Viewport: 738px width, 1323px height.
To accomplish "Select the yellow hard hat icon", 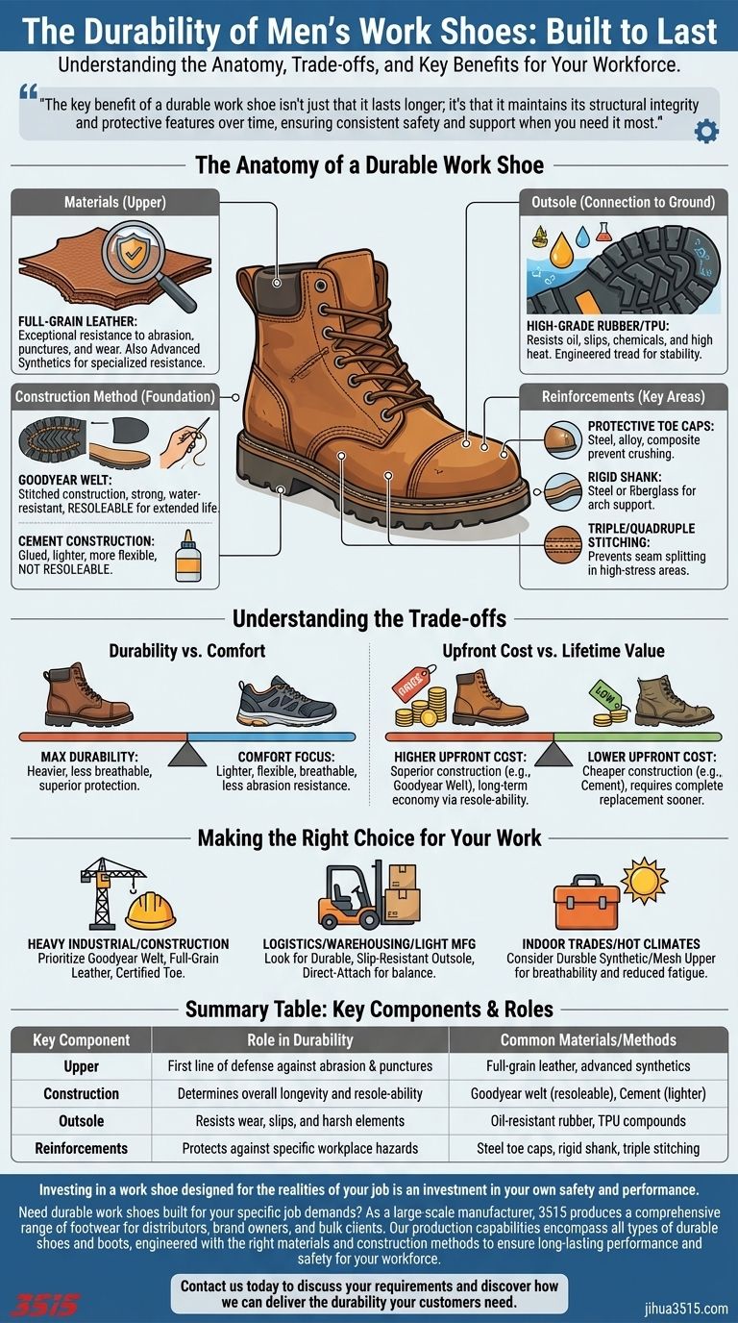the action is pos(151,911).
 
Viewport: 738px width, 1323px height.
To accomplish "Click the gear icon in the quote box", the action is pos(706,131).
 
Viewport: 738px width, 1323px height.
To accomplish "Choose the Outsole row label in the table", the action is pos(82,1120).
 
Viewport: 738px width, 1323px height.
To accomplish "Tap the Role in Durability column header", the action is pos(300,1039).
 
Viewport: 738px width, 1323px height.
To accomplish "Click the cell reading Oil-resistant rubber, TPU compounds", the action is pos(588,1120).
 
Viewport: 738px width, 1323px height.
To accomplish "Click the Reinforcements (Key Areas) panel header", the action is pos(624,396).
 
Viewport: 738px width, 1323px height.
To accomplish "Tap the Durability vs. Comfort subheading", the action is pos(187,650).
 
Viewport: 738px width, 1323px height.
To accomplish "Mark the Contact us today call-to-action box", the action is pos(369,1293).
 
